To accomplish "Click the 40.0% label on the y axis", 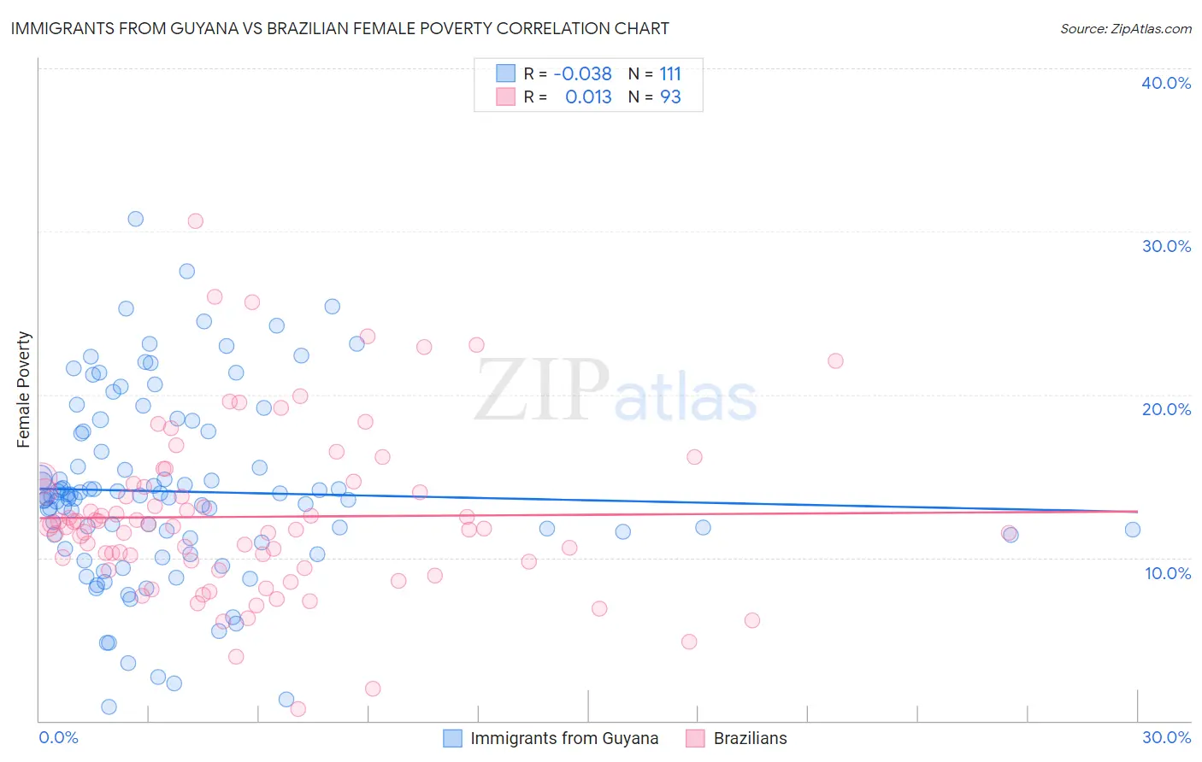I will tap(1165, 83).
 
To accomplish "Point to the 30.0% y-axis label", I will tap(1165, 246).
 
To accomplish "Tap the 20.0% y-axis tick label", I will tap(1165, 409).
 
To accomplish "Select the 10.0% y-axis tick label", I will tap(1167, 573).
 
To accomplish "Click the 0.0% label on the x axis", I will tap(58, 737).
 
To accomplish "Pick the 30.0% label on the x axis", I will tap(1166, 737).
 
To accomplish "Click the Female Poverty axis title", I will tap(24, 390).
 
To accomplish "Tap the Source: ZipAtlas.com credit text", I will tap(1125, 28).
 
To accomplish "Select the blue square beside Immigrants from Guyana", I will tap(452, 738).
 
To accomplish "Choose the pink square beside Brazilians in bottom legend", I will tap(695, 738).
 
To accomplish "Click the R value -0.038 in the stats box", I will tap(582, 73).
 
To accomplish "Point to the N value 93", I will tap(670, 97).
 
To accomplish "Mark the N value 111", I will tap(670, 73).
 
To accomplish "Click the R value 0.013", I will tap(588, 97).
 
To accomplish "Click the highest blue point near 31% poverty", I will tap(135, 219).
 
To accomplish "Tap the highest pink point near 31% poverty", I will tap(195, 220).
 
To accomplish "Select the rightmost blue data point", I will tap(1133, 530).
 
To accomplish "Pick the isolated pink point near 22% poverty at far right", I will tap(835, 360).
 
